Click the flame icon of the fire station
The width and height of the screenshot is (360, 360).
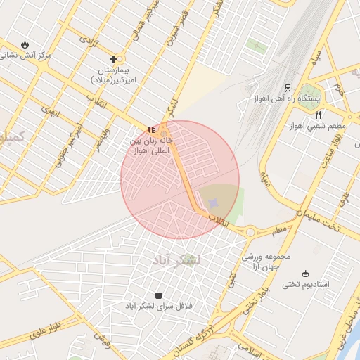[26, 44]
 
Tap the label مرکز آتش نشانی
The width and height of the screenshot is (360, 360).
[26, 55]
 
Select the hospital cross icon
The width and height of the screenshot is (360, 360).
[113, 60]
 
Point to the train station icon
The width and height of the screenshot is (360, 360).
[288, 87]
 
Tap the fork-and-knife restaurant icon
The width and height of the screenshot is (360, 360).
[318, 115]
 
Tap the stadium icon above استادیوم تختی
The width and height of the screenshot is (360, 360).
[305, 274]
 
